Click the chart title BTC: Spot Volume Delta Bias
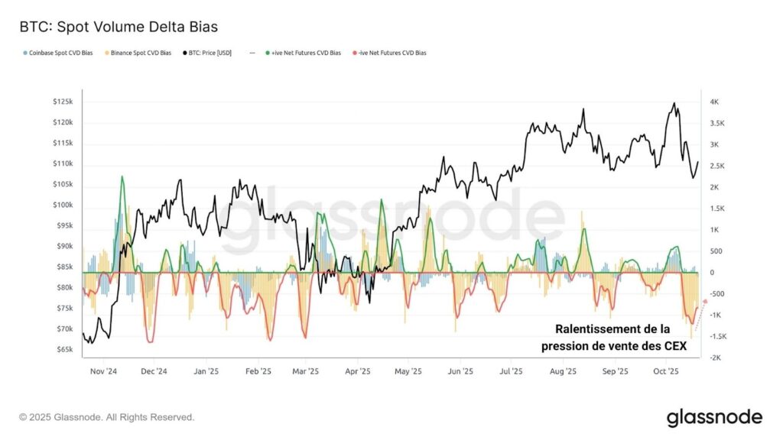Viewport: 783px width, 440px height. click(x=119, y=27)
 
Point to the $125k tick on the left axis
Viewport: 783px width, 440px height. click(x=63, y=102)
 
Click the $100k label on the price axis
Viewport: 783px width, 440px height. click(x=63, y=205)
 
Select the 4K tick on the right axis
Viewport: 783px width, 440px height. click(x=714, y=102)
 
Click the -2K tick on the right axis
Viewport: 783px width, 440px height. click(x=714, y=357)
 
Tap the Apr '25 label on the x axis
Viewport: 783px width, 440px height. click(x=358, y=372)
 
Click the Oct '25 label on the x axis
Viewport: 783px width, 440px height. click(x=667, y=372)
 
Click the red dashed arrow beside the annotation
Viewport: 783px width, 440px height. click(x=699, y=311)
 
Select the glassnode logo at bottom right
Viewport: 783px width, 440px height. click(x=714, y=417)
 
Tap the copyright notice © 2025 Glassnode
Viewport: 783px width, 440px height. click(x=107, y=417)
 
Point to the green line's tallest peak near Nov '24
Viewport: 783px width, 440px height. click(x=121, y=177)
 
